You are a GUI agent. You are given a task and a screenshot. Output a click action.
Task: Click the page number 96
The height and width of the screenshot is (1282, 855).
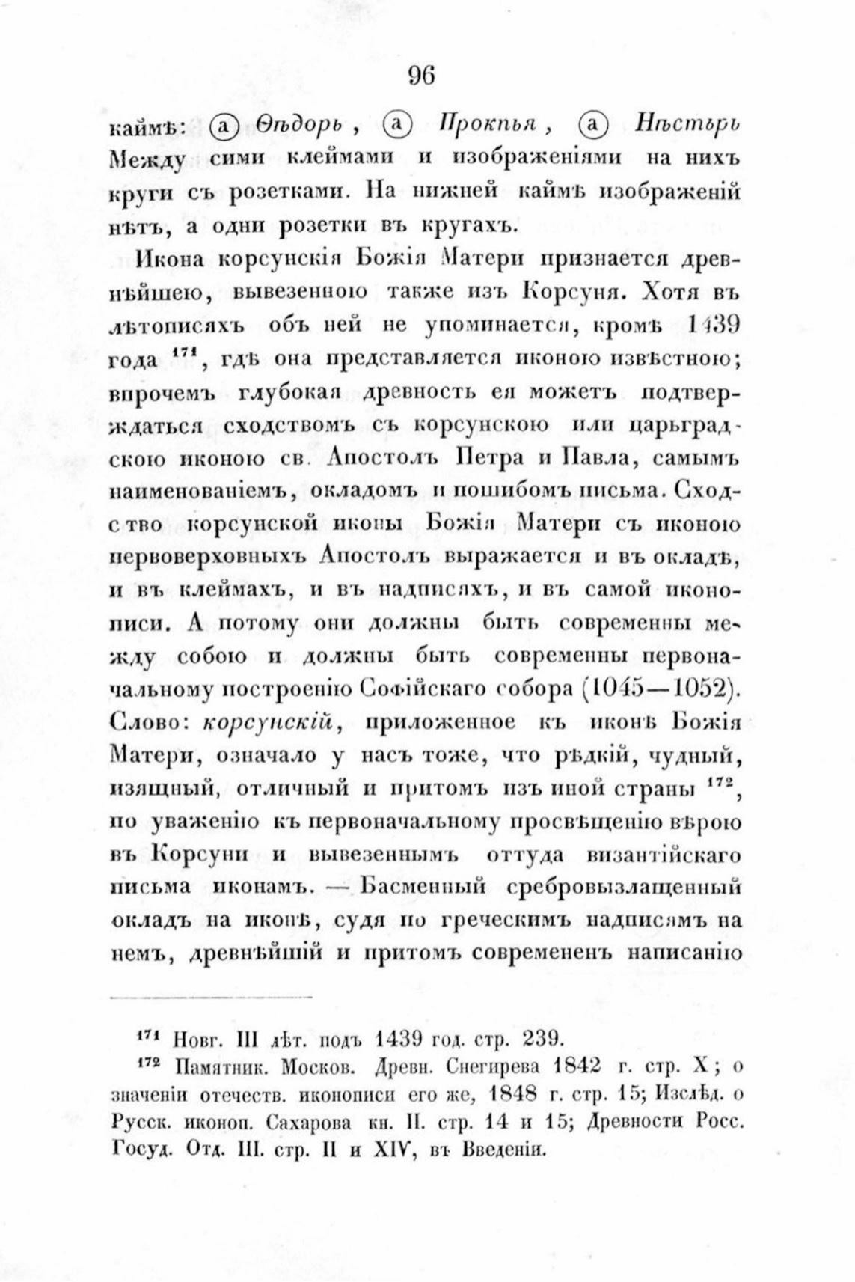tap(422, 75)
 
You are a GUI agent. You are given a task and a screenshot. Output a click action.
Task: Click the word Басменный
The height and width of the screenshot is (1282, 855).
tap(423, 887)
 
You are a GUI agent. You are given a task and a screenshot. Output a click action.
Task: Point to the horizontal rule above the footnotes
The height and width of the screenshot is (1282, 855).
tap(211, 998)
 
